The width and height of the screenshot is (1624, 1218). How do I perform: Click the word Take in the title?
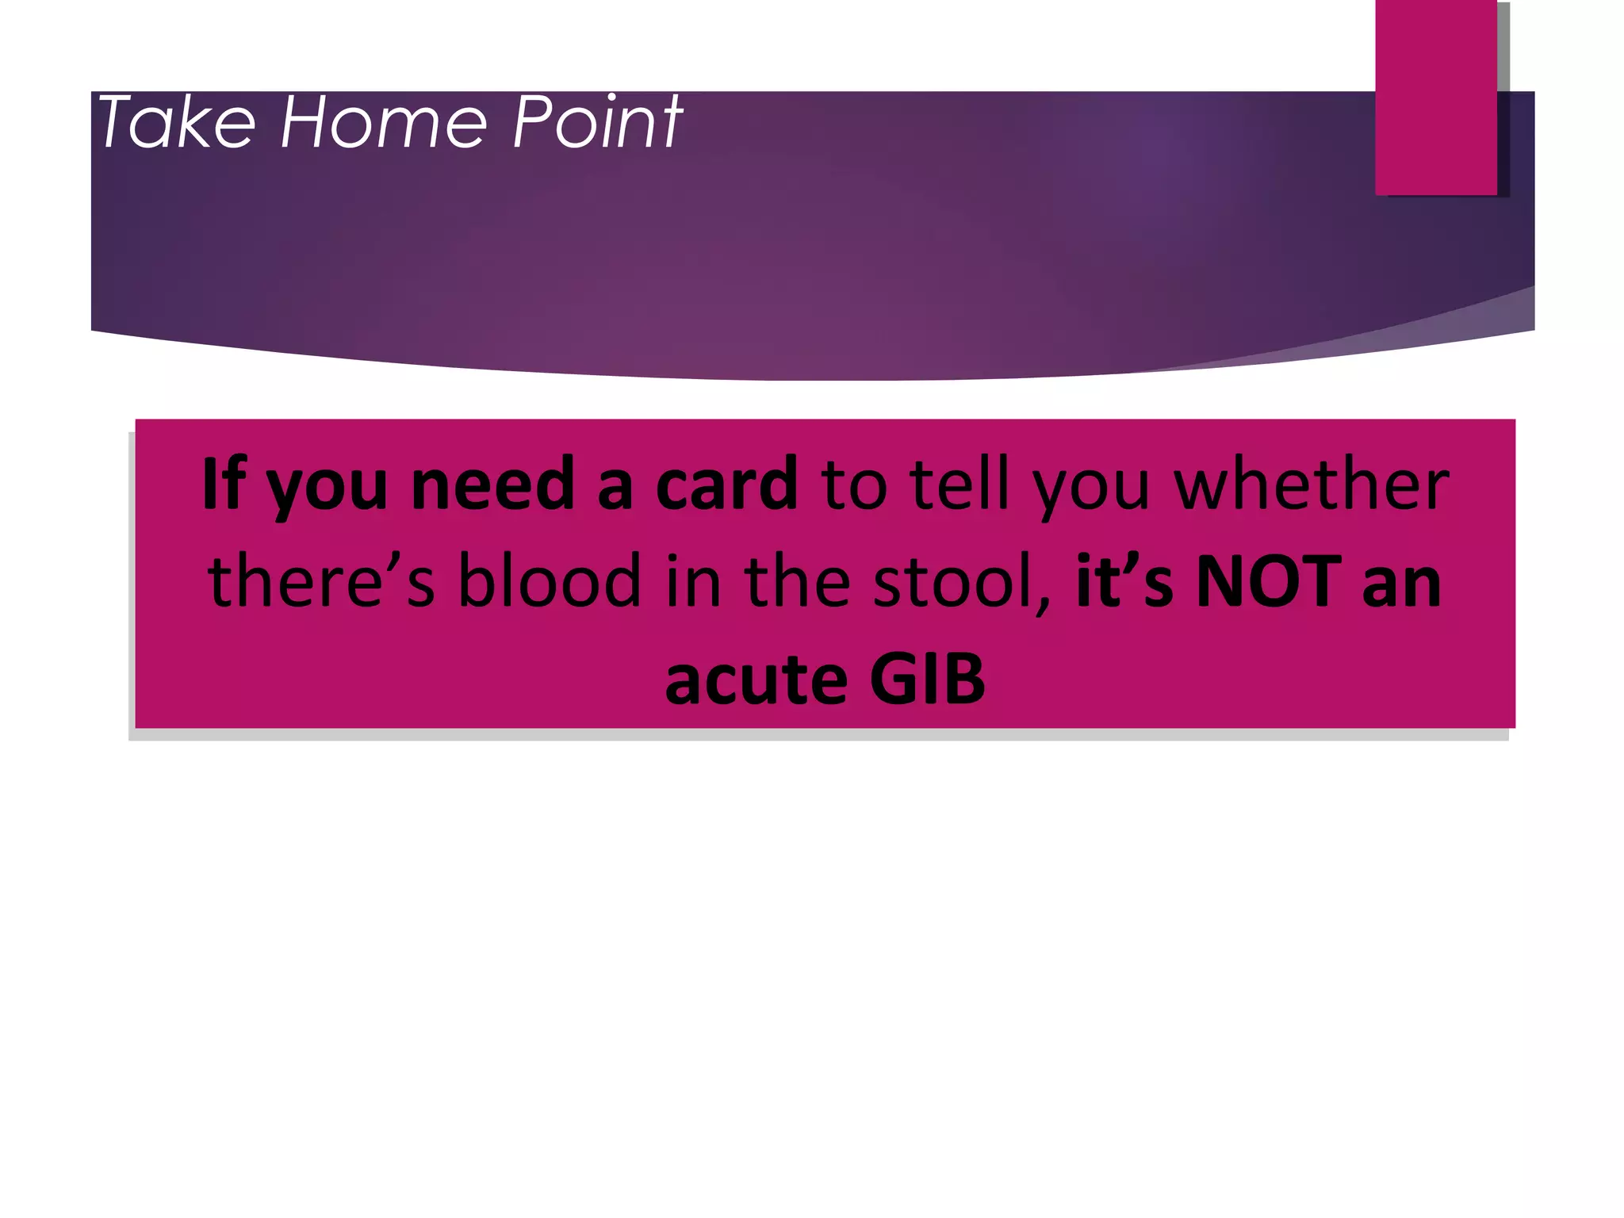[176, 122]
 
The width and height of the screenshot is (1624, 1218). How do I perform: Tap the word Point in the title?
[597, 122]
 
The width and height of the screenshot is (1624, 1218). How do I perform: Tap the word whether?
[1312, 485]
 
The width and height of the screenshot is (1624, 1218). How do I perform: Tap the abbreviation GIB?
[927, 680]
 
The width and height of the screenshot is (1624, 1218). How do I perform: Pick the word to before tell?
[853, 485]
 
